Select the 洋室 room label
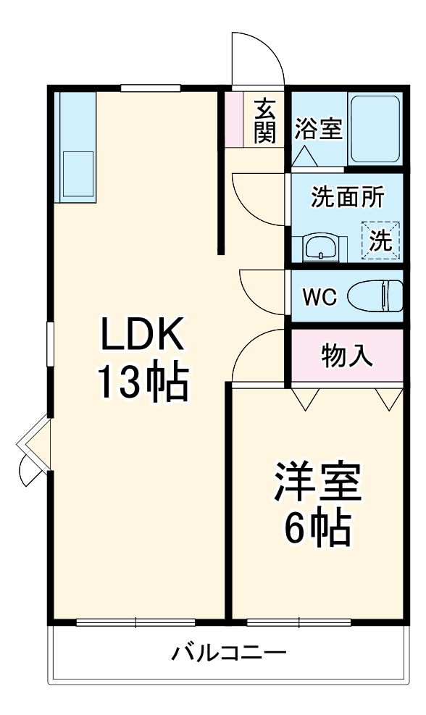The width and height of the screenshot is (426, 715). [317, 484]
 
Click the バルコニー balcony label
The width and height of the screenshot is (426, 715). [228, 653]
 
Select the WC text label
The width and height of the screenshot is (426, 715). [319, 297]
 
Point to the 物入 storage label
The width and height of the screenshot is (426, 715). [347, 356]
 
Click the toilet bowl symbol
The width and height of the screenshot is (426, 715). [375, 296]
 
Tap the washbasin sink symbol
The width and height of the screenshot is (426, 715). [319, 248]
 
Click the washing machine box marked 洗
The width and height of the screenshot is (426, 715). [380, 240]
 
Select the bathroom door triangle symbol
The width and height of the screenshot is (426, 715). [304, 155]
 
